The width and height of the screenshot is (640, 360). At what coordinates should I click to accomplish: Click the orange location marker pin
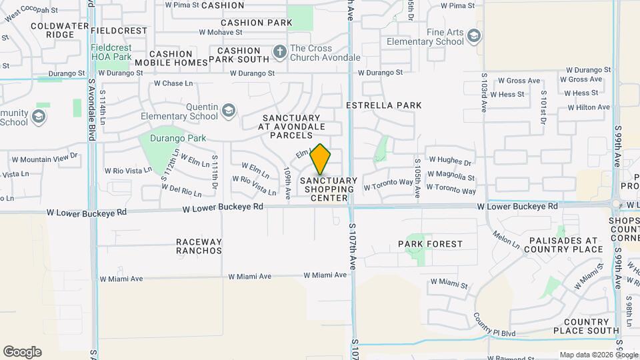coord(321,159)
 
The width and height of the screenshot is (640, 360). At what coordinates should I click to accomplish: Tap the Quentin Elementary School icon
coord(229,110)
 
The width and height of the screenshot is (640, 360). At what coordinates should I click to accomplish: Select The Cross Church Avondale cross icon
coord(279,51)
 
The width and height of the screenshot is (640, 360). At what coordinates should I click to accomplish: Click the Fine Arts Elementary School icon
coord(474,35)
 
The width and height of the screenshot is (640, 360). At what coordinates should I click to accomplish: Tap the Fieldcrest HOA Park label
coord(111,53)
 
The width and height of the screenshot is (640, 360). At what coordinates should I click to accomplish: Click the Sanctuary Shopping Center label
coord(329,189)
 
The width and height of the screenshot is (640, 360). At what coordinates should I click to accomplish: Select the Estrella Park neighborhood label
coord(384,105)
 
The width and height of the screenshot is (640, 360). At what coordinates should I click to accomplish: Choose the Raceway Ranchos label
coord(199,246)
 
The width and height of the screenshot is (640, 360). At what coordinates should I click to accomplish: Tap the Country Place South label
coord(581,325)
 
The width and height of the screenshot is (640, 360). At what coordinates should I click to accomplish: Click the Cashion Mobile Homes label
coord(171,58)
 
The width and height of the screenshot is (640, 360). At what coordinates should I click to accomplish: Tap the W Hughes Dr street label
coord(450,161)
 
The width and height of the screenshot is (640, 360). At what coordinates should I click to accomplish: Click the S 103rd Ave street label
coord(485,97)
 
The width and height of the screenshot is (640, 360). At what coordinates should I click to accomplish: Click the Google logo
coord(22,352)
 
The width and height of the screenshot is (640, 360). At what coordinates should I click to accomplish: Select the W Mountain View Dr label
coord(45,159)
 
